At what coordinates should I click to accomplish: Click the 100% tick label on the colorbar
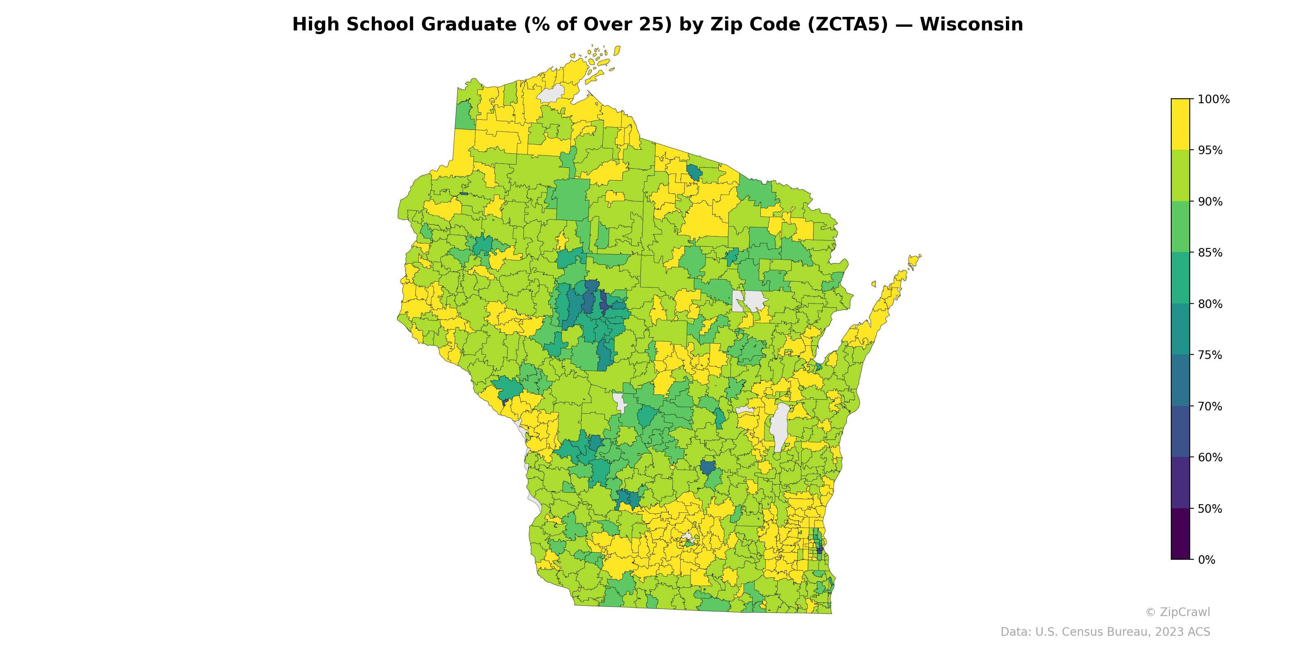(1213, 99)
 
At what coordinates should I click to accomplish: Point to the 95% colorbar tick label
(1210, 150)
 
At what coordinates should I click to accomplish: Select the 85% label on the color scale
(1210, 253)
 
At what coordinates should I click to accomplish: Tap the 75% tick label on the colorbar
(1210, 355)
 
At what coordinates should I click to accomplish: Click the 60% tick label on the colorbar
(1210, 457)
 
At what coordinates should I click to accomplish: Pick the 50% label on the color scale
(1210, 509)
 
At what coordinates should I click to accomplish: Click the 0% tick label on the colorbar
(1206, 560)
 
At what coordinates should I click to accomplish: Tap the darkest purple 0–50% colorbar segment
(1180, 534)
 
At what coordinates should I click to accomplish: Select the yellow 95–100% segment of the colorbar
(1180, 124)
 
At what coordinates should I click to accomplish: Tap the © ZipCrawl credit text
(1177, 612)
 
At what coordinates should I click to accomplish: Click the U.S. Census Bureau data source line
(1105, 632)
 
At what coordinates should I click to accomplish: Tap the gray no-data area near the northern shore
(551, 94)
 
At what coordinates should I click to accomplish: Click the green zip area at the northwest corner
(464, 116)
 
